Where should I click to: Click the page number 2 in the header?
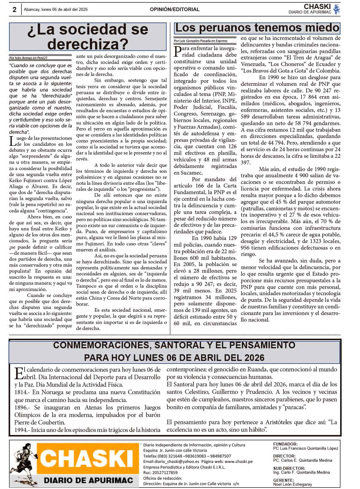(x=14, y=10)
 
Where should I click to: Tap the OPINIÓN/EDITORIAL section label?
(x=175, y=10)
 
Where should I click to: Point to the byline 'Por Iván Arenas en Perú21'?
(x=28, y=58)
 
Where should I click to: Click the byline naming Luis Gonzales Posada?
(x=200, y=41)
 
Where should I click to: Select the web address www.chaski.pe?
(x=238, y=461)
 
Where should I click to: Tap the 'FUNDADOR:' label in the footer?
(x=285, y=444)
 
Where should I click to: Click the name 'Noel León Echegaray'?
(x=292, y=484)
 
